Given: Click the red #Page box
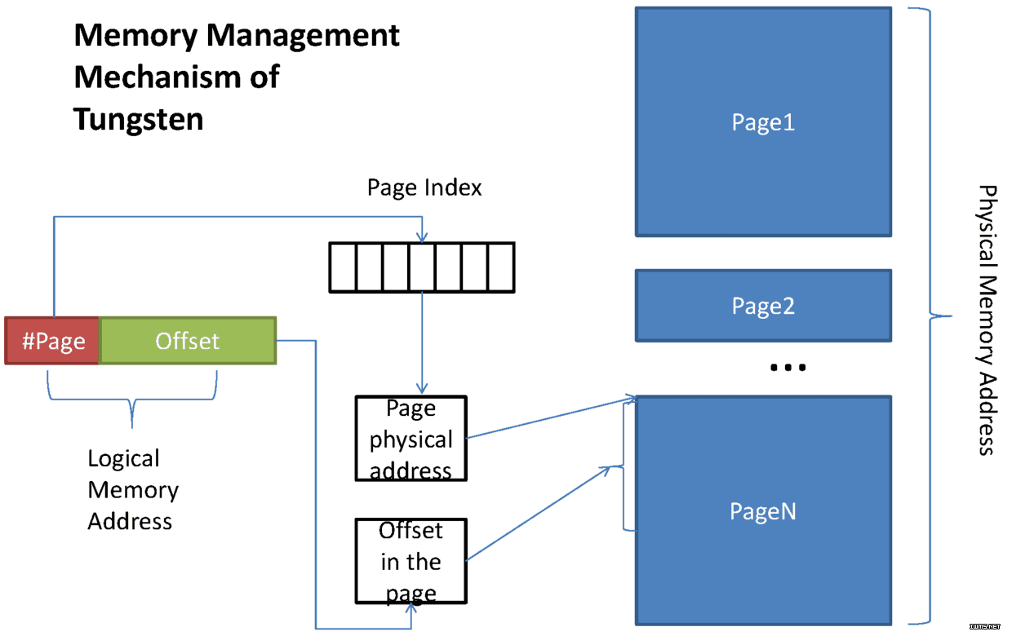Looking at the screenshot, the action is click(x=52, y=341).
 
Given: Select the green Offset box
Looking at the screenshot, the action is click(x=188, y=341).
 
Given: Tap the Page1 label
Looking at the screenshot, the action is click(x=763, y=122).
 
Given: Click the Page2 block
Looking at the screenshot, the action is click(x=764, y=306).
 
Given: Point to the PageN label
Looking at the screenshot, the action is click(x=763, y=511).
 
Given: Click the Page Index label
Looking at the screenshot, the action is click(x=424, y=188).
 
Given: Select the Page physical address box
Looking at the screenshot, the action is click(x=411, y=439).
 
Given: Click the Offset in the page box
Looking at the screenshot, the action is click(x=411, y=561).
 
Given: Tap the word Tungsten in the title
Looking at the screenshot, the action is click(x=138, y=120).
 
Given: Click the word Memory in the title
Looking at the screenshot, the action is click(x=135, y=36).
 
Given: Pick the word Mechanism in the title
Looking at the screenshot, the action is click(x=158, y=77).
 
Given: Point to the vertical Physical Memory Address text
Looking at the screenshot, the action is click(x=988, y=320).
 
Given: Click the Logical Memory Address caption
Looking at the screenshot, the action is click(x=133, y=490).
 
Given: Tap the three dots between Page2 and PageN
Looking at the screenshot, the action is click(x=788, y=368).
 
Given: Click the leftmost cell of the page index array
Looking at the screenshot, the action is click(x=343, y=267).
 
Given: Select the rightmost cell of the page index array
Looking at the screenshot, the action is click(x=501, y=267).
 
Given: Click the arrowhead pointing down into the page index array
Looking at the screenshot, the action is click(x=422, y=237).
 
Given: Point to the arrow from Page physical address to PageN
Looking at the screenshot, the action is click(x=552, y=417).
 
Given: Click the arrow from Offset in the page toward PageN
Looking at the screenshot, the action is click(x=539, y=513).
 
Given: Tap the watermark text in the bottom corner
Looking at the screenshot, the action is click(x=985, y=626).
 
